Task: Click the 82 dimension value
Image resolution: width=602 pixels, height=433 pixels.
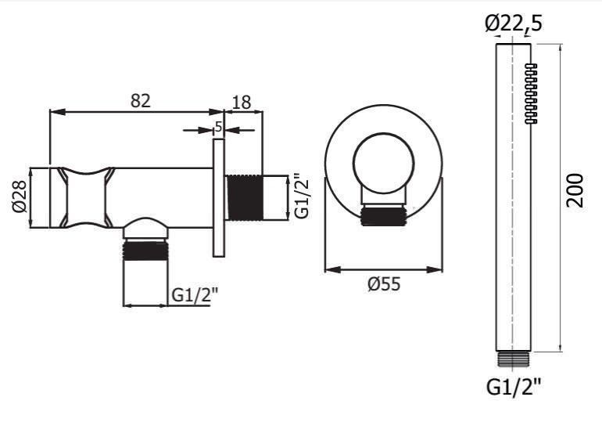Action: pos(141,101)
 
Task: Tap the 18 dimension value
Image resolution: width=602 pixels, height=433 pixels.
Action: pos(242,103)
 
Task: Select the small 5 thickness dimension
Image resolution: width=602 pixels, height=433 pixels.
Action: pos(218,127)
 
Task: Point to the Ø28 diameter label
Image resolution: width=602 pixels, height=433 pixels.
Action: pos(20,196)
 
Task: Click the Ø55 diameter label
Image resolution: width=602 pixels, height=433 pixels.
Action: pos(384,284)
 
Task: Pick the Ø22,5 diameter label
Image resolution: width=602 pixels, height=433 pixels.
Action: pos(514,23)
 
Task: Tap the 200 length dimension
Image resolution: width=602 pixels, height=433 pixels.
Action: pos(575,191)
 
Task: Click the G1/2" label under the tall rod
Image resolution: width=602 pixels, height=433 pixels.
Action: pos(514,387)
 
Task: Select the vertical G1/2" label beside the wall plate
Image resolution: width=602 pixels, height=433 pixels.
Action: pos(303,197)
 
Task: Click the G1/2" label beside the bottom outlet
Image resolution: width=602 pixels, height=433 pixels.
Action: pos(194,295)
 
